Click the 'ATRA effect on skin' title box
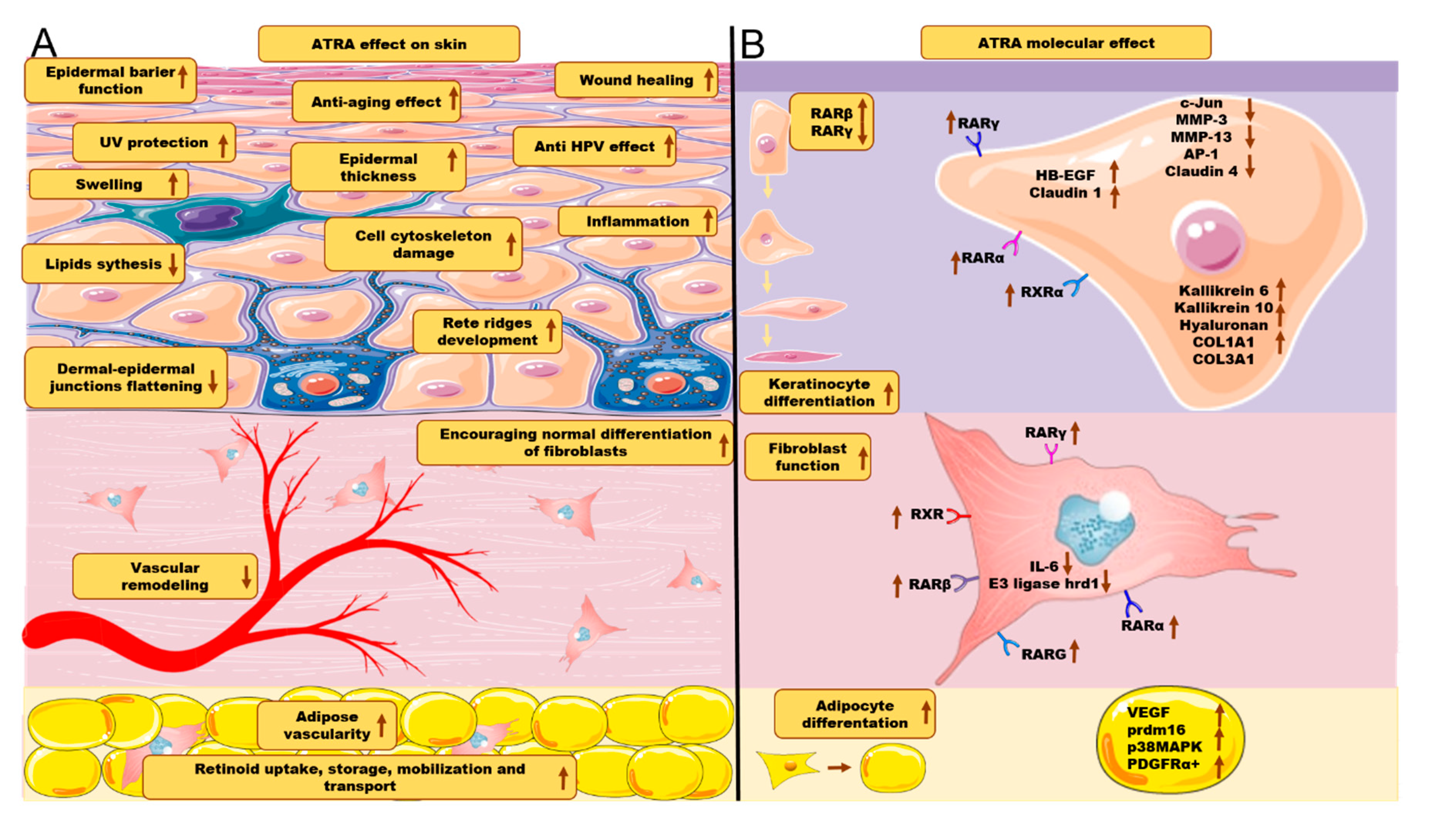point(389,44)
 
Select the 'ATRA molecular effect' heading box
point(1065,43)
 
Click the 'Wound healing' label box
point(636,79)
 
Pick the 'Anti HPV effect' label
point(595,146)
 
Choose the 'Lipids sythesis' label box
point(103,264)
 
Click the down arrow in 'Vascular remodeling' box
point(246,576)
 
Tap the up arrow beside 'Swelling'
point(173,184)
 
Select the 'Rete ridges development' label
point(488,331)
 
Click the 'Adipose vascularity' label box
point(327,725)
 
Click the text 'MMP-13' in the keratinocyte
point(1201,137)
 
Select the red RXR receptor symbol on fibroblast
point(959,516)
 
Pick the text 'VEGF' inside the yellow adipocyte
point(1149,712)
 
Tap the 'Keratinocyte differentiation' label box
point(819,392)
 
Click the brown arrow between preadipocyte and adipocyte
point(839,767)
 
